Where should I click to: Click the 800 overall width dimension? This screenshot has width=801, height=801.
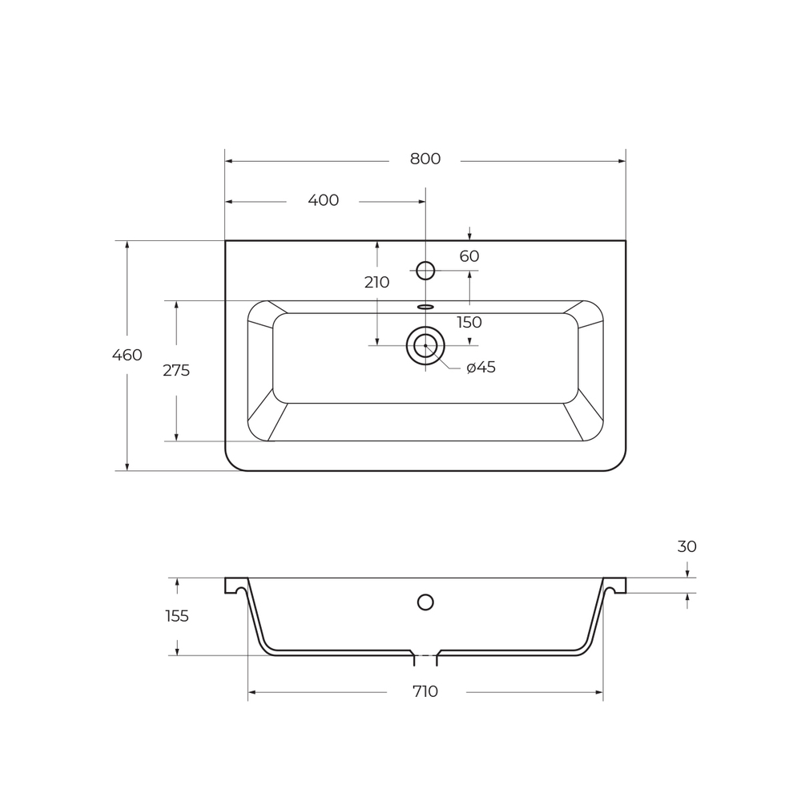point(425,159)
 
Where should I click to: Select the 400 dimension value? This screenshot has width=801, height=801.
point(323,200)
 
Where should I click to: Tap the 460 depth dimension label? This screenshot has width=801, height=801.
point(127,355)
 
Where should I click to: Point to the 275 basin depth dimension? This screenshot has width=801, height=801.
point(176,370)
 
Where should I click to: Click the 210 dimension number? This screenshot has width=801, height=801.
point(376,282)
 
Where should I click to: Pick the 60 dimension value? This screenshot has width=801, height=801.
point(469,256)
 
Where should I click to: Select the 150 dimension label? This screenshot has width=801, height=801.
point(469,322)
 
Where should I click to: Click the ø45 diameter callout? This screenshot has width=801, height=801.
point(481,367)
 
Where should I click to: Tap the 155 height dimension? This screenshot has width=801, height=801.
point(176,616)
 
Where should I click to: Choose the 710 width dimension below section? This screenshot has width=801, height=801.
point(425,691)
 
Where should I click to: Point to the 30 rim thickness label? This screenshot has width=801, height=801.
point(686,547)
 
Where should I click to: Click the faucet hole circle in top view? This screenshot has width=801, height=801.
point(425,271)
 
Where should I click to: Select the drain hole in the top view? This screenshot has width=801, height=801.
point(425,346)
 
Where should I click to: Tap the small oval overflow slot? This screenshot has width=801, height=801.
point(425,307)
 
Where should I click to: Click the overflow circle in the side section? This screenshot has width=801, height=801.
point(425,602)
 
